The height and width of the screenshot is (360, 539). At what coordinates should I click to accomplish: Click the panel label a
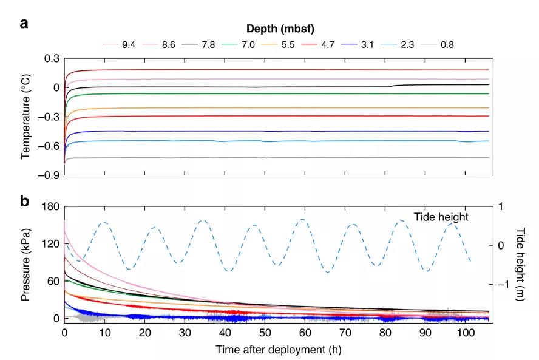click(24, 24)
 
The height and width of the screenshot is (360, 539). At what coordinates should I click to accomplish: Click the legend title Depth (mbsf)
click(280, 28)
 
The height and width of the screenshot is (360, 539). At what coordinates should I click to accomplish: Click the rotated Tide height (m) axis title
click(520, 263)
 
